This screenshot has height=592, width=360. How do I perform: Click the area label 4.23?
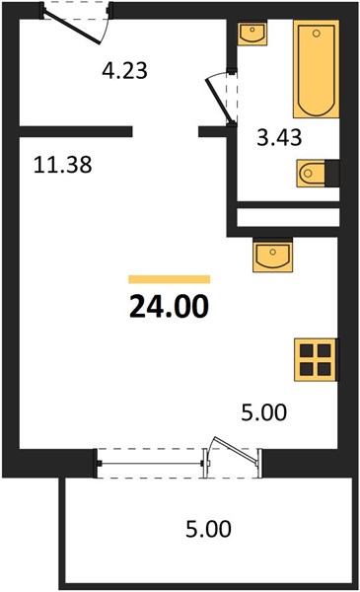(x=124, y=70)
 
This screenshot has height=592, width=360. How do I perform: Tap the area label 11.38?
(x=63, y=165)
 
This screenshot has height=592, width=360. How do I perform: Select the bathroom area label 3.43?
(x=279, y=137)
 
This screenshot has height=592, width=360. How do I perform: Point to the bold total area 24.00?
(x=169, y=306)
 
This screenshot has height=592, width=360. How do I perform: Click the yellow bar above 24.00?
(x=169, y=279)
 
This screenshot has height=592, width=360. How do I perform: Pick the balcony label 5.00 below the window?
(x=208, y=529)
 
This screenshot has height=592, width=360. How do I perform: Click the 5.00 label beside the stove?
(x=264, y=411)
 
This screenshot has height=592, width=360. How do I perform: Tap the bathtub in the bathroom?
(x=317, y=69)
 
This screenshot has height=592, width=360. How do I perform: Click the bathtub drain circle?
(x=317, y=34)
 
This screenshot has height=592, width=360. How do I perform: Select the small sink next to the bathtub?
(x=252, y=34)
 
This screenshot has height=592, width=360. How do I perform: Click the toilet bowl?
(x=311, y=174)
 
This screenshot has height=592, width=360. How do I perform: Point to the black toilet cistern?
(x=332, y=174)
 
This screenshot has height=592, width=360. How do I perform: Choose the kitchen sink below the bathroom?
(x=273, y=256)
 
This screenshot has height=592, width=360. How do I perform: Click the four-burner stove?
(x=316, y=359)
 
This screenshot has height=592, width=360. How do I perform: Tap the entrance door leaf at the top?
(x=72, y=28)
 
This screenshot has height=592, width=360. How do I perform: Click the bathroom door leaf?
(x=220, y=101)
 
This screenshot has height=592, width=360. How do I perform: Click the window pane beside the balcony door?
(x=150, y=464)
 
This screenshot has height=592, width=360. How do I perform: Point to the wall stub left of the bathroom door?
(x=212, y=131)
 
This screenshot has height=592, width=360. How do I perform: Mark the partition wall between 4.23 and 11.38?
(x=76, y=131)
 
